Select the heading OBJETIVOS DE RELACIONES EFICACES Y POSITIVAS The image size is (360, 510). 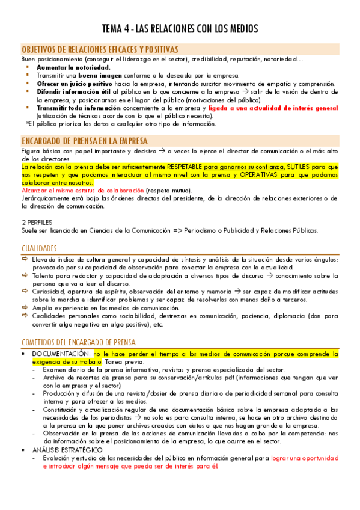[99, 49]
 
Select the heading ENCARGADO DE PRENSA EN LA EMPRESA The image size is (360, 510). [84, 141]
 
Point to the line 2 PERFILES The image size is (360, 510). [38, 222]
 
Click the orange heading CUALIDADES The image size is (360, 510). [39, 248]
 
